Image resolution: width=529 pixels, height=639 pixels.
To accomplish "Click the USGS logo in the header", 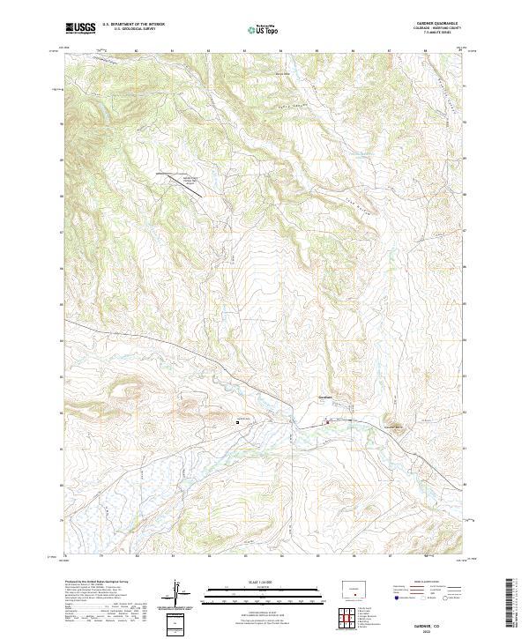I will (x=80, y=28).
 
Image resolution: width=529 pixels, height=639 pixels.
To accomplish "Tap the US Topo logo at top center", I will (x=264, y=29).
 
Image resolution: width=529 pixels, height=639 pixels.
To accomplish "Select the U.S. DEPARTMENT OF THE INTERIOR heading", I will (x=133, y=25).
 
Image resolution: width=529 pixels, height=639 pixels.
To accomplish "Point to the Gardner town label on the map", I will (x=324, y=398).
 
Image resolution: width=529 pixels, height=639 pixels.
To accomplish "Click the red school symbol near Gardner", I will (x=329, y=421).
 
